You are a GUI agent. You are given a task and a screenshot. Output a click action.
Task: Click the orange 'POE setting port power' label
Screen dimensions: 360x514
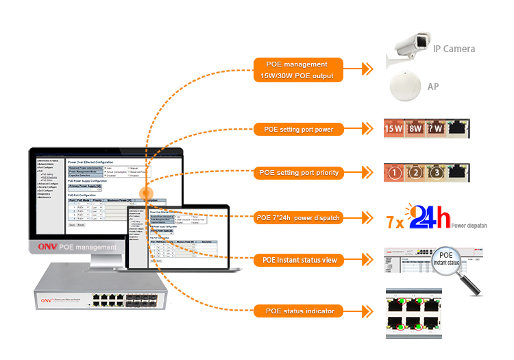pyautogui.click(x=299, y=128)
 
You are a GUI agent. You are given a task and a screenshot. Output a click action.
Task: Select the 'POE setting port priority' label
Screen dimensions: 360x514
pyautogui.click(x=299, y=173)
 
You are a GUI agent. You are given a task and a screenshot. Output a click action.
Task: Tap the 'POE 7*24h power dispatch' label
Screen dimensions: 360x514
pyautogui.click(x=299, y=218)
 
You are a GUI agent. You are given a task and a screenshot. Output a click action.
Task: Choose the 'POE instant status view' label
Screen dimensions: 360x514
pyautogui.click(x=299, y=261)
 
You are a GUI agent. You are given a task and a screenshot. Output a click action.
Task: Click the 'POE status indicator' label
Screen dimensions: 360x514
pyautogui.click(x=299, y=311)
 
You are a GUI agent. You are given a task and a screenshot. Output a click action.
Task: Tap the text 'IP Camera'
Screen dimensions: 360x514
pyautogui.click(x=454, y=49)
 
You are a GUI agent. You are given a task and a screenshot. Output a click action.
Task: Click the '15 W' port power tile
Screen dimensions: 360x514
pyautogui.click(x=394, y=128)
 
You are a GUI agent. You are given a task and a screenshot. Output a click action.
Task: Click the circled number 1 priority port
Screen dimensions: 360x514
pyautogui.click(x=394, y=173)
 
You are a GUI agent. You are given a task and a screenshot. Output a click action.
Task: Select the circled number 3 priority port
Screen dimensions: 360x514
pyautogui.click(x=437, y=173)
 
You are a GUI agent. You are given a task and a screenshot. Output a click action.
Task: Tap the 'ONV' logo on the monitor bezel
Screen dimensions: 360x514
pyautogui.click(x=48, y=247)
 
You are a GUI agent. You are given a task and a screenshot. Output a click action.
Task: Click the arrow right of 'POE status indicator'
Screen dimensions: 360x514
pyautogui.click(x=368, y=311)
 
